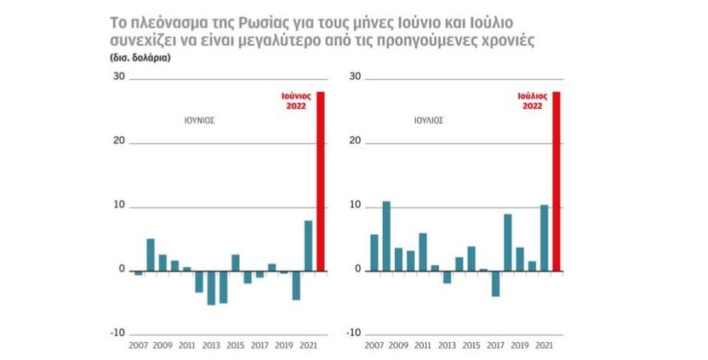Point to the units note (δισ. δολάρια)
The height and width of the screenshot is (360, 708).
pos(140,59)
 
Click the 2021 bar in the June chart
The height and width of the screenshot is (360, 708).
pos(308,245)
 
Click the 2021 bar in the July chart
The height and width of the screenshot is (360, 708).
pos(545,237)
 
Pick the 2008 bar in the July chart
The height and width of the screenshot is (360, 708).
pos(386,236)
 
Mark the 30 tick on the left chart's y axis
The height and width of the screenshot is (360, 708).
pos(119,77)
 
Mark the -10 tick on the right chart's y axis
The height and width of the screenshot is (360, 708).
pos(353,333)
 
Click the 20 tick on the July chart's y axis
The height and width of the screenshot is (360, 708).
pos(356,141)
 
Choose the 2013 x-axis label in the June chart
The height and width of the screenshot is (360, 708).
pos(211,346)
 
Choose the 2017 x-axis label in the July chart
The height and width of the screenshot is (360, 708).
pos(496,346)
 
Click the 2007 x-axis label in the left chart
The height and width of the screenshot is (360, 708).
pos(139,346)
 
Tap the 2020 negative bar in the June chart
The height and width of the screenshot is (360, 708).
pos(296,284)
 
